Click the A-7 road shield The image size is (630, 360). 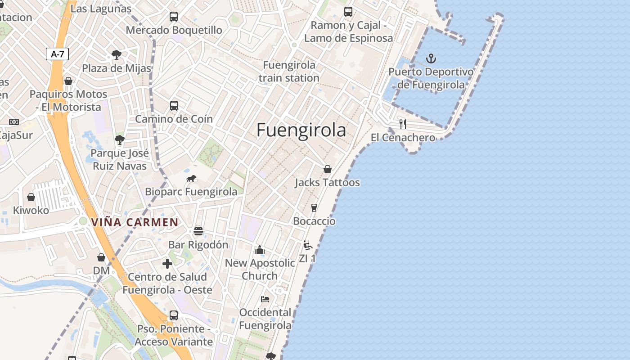click(x=58, y=54)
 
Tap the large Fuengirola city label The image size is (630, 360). click(x=301, y=130)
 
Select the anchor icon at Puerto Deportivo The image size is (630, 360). click(x=431, y=58)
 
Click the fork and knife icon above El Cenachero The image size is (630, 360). click(x=403, y=124)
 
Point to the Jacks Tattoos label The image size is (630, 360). click(x=327, y=183)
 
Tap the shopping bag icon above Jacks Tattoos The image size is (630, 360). click(x=328, y=169)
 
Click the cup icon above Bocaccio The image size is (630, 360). click(x=314, y=207)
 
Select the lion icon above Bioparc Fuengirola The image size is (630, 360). click(x=191, y=179)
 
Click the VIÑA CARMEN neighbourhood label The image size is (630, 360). click(x=135, y=222)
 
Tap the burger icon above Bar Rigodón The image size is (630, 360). click(x=198, y=231)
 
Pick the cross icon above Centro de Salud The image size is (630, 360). click(x=167, y=263)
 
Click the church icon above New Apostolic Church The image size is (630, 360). click(x=260, y=250)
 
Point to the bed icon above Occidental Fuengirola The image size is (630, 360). click(x=265, y=299)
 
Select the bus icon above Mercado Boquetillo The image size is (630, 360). click(x=174, y=17)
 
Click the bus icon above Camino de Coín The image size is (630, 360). click(x=174, y=106)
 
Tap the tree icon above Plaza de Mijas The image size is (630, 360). click(x=117, y=55)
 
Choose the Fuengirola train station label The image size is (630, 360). click(x=289, y=72)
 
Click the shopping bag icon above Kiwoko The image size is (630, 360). click(x=31, y=197)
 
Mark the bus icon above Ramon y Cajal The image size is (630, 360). click(x=348, y=12)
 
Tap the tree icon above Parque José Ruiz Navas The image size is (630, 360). click(x=119, y=140)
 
